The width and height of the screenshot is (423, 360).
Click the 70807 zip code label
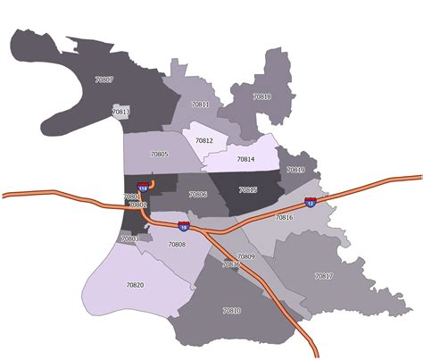[104, 80]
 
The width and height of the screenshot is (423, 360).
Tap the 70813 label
[121, 112]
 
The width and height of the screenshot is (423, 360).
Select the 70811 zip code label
[200, 105]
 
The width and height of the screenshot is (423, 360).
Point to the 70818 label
[261, 96]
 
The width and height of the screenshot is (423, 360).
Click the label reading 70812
[204, 140]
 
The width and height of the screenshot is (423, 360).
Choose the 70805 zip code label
[159, 154]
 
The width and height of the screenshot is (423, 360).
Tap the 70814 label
[245, 159]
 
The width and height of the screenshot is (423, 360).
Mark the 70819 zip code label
[295, 170]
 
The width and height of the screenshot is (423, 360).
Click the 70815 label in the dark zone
[247, 189]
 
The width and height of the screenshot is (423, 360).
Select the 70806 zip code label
[198, 194]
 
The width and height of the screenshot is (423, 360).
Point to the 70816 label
[284, 217]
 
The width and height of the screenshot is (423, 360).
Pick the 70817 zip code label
[323, 276]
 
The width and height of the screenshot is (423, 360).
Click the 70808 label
[177, 244]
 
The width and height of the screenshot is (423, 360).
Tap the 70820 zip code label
[135, 284]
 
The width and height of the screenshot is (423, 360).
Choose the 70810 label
[230, 310]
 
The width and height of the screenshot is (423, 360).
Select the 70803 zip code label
[130, 239]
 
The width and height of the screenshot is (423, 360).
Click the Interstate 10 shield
[183, 226]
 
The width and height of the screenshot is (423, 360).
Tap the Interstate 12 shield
[310, 203]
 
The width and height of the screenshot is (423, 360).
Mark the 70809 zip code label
[246, 256]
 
